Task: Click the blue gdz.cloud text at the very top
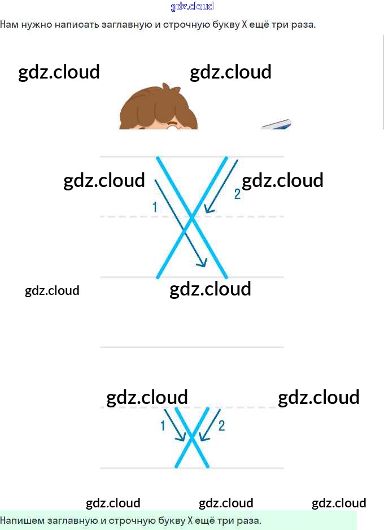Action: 192,6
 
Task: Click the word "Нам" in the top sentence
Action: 8,25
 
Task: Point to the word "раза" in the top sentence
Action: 303,25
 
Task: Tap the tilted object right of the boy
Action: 277,124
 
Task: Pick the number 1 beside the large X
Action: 155,207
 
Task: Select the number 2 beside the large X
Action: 237,194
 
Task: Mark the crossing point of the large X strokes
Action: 192,217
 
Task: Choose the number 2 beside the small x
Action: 221,426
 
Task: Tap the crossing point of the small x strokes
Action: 192,437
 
